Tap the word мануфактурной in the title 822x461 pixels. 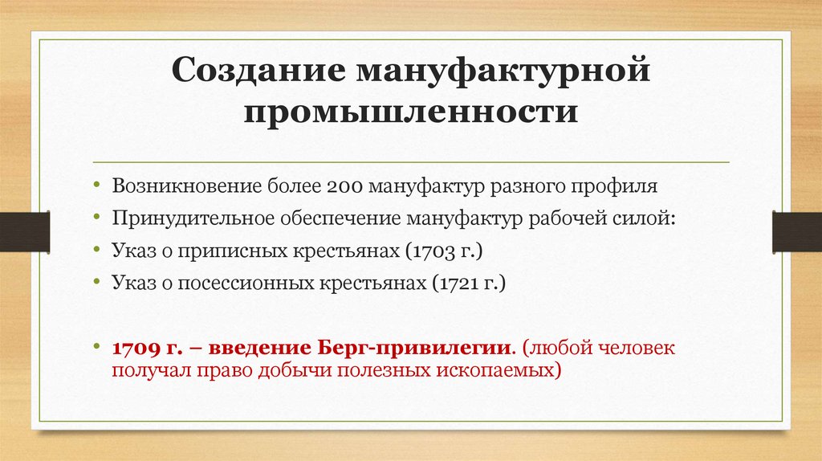[x=503, y=71]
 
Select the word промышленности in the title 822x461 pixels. [x=411, y=111]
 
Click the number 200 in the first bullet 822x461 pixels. [x=346, y=186]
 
